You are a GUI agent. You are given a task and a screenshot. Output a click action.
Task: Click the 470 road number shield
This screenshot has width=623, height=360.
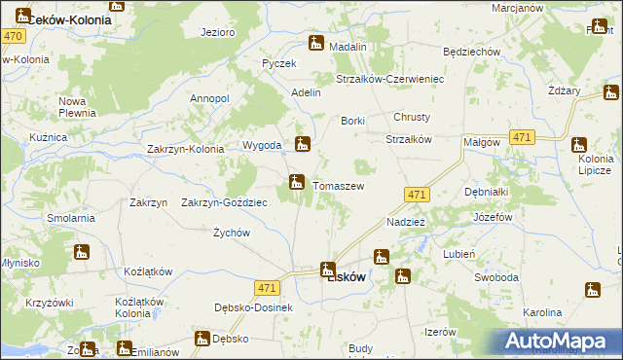(x=13, y=36)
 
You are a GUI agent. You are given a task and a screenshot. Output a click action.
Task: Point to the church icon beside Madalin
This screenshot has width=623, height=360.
(x=316, y=43)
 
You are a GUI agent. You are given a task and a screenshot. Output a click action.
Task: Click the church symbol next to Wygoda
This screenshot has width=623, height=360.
(x=303, y=144)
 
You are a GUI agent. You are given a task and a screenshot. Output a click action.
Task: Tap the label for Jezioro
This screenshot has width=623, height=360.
(x=217, y=32)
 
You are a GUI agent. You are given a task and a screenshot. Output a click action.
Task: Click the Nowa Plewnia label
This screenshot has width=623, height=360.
(x=74, y=107)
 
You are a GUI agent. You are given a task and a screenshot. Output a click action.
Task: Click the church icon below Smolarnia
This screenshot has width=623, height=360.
(x=82, y=252)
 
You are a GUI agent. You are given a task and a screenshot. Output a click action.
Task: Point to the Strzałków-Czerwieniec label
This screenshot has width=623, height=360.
(x=389, y=79)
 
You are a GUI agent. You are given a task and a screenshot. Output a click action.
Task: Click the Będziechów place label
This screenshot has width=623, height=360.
(x=471, y=52)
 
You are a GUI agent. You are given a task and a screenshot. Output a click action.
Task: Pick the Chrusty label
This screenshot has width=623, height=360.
(x=411, y=117)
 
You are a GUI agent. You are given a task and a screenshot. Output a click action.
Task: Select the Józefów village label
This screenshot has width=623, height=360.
(x=493, y=217)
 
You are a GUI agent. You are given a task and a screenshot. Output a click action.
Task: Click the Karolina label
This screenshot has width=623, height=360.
(x=543, y=312)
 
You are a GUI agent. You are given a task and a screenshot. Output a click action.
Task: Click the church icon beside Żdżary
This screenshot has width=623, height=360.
(x=611, y=94)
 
